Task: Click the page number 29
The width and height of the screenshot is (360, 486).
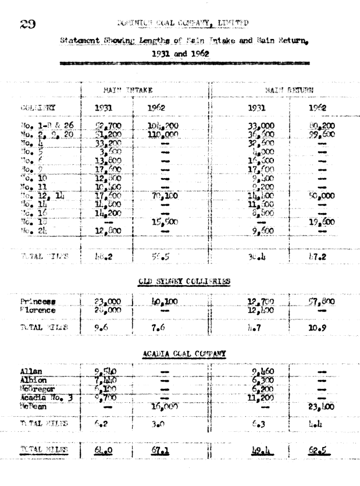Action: click(28, 24)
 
